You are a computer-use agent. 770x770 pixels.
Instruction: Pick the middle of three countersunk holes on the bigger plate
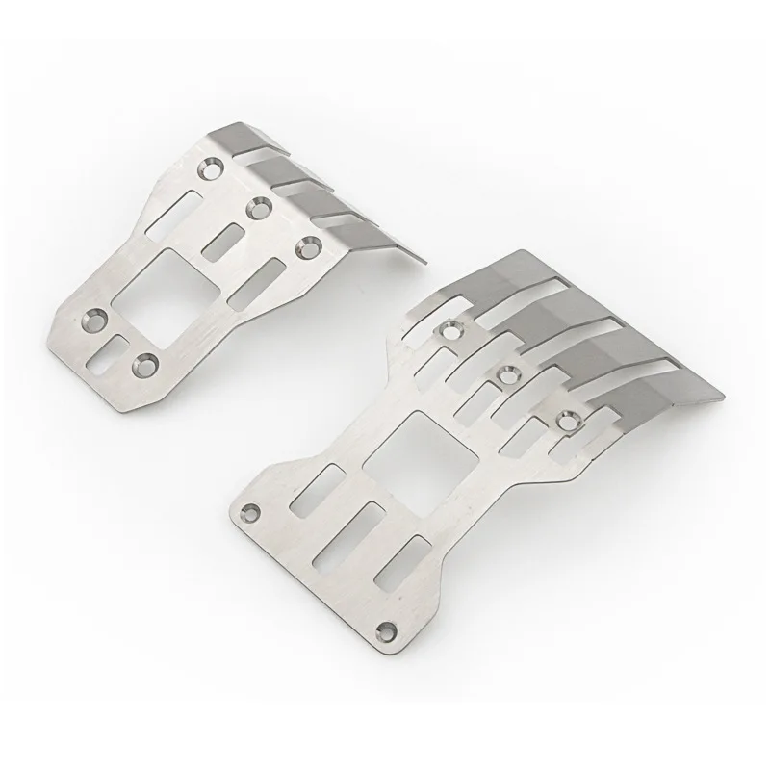tap(507, 372)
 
